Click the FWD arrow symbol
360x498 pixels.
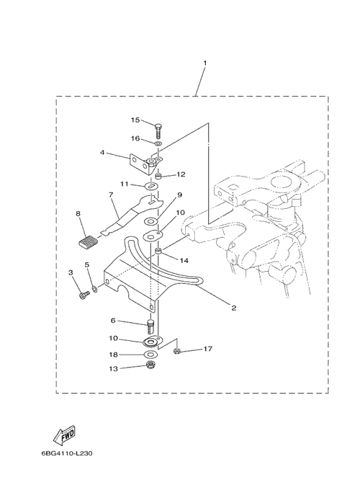(64, 435)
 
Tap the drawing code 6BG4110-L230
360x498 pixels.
(67, 453)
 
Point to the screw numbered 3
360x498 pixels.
(84, 295)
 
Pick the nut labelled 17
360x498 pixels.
(177, 351)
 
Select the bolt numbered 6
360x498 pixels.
(151, 327)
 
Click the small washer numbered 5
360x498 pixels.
(94, 288)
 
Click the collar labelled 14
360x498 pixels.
(158, 252)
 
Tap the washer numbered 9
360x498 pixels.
(151, 221)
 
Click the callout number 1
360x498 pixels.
(204, 63)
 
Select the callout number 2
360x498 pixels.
(233, 308)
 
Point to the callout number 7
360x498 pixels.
(111, 195)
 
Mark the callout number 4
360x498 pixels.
(102, 153)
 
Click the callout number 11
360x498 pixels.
(124, 184)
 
